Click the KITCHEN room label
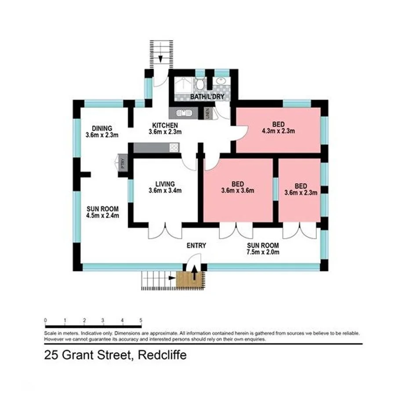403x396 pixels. tap(165, 125)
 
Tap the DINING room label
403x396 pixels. tap(102, 128)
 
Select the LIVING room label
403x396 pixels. tap(165, 184)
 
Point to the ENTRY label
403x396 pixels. tap(196, 246)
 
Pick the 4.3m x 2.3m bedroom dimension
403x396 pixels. tap(278, 131)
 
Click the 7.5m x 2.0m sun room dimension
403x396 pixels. tap(263, 252)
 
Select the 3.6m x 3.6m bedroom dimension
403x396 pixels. tap(238, 191)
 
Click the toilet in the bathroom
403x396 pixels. tap(200, 84)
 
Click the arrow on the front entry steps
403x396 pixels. tap(194, 274)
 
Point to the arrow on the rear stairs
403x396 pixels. tap(160, 57)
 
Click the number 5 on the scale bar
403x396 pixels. tap(141, 320)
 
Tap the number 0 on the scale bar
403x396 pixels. tap(45, 320)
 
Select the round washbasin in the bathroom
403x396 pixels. tap(221, 81)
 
